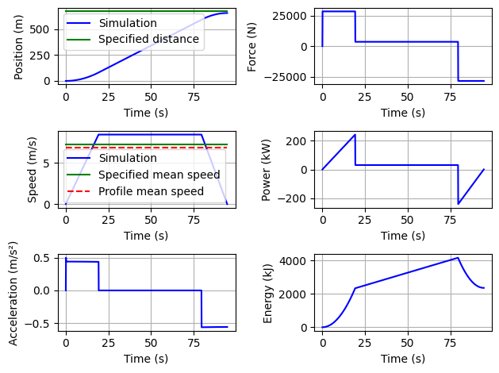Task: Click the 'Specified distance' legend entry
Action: tap(148, 39)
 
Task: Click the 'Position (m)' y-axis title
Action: tap(20, 45)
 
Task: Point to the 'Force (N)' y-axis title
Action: tap(252, 45)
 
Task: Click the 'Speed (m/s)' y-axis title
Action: tap(33, 168)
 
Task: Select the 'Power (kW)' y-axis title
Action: tap(267, 168)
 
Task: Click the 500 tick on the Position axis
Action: tap(46, 29)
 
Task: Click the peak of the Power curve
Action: tap(355, 135)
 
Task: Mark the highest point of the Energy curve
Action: tap(459, 257)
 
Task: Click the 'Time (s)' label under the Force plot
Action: tap(402, 113)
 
